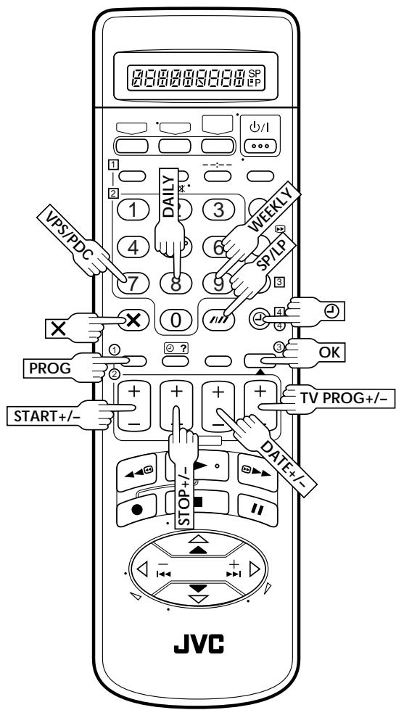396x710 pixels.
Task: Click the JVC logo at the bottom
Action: point(199,643)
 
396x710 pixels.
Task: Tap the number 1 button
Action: point(133,210)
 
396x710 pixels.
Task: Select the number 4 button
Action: point(133,247)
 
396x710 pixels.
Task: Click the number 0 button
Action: point(176,320)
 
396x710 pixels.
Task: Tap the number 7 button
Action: point(133,284)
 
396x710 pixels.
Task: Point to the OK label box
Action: point(329,352)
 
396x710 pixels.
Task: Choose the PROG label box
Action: point(50,368)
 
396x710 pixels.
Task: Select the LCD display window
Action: point(196,75)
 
